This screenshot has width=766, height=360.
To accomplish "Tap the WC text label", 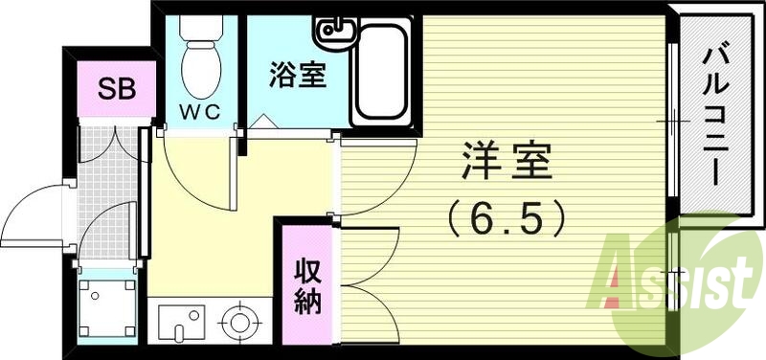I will tap(201, 112).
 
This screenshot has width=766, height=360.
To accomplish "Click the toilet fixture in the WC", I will tap(201, 62).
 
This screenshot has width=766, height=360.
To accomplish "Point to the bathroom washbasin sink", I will tap(338, 36).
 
